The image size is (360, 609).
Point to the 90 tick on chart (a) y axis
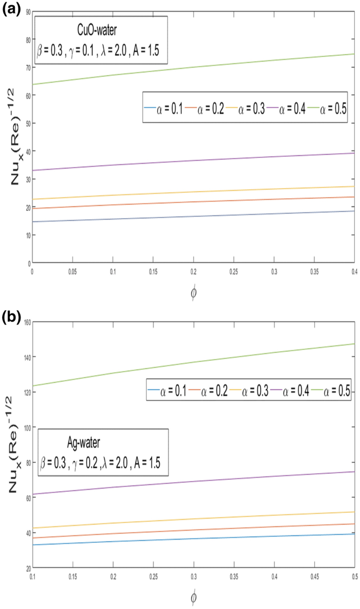(x=26, y=11)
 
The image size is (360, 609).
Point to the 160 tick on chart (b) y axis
(x=24, y=321)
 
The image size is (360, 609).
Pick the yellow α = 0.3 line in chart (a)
(x=194, y=192)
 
